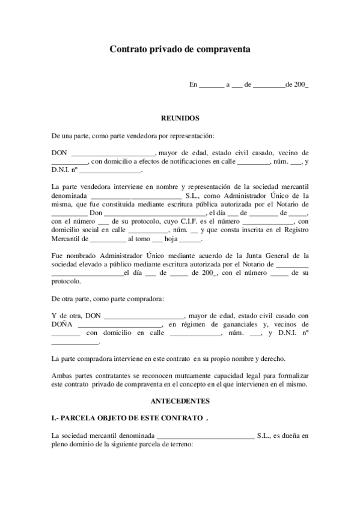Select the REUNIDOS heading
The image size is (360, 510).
[x=180, y=118]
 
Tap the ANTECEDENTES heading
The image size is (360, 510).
[x=180, y=400]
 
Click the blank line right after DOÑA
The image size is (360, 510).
[x=115, y=325]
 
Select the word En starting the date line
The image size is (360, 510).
[x=193, y=85]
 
